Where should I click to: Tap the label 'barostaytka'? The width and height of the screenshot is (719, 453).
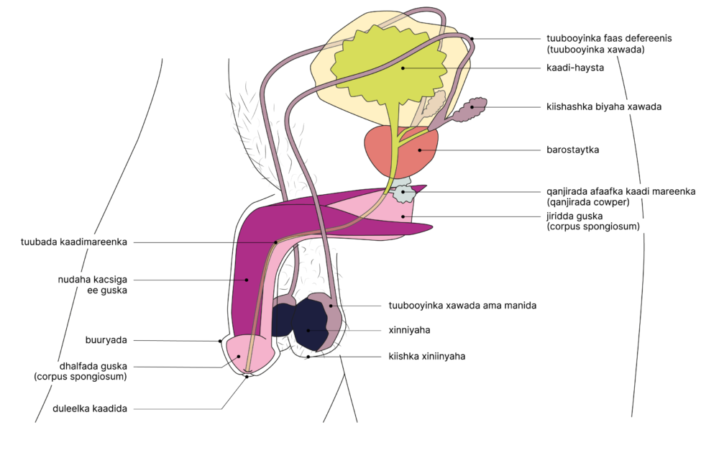point(572,150)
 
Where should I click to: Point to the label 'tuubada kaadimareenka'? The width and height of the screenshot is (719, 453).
point(74,242)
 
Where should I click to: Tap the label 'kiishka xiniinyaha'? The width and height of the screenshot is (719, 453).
point(426,355)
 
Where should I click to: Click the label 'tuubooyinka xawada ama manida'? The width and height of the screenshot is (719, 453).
point(462,306)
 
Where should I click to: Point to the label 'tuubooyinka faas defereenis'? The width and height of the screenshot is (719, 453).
point(613,39)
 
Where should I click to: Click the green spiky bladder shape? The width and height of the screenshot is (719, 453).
point(374,65)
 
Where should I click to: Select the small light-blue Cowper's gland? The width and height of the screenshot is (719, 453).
point(405,192)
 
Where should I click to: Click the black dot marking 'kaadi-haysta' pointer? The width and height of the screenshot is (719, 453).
point(403,68)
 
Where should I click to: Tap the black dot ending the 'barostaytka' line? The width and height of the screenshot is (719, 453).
point(420,150)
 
